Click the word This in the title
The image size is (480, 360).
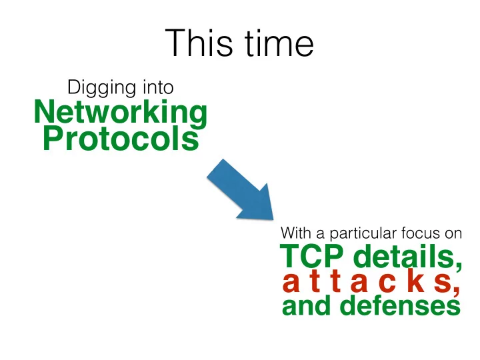point(199,43)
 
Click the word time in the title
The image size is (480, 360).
point(279,43)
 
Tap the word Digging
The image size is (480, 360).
point(101,88)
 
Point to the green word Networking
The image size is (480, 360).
point(121,113)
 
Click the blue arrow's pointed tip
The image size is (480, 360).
point(273,219)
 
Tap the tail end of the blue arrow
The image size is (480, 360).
point(215,168)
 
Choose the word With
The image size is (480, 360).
point(296,233)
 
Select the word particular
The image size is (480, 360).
point(363,234)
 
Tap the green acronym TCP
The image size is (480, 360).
point(311,256)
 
